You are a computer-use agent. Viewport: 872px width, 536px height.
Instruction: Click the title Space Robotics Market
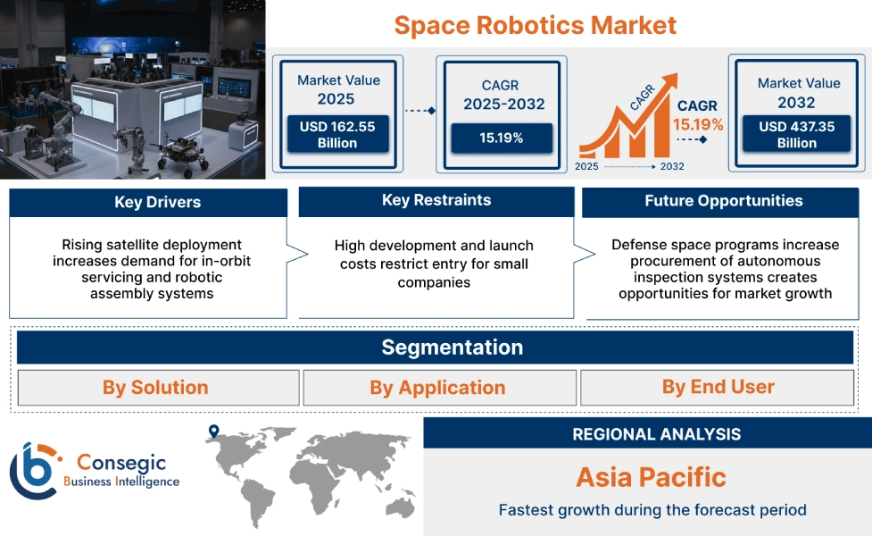click(535, 24)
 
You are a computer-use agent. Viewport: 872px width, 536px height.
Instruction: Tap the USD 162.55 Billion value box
click(337, 135)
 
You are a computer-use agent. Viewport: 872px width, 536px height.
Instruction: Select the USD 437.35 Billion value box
click(797, 135)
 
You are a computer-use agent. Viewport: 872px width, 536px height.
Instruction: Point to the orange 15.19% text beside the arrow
click(698, 124)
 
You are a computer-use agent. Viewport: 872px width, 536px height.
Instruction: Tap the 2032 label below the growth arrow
click(671, 166)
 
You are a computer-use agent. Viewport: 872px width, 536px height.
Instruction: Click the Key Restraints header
click(436, 200)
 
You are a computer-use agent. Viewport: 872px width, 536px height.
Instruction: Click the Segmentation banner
click(453, 347)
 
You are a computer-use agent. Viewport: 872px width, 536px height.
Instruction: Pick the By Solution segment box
click(155, 388)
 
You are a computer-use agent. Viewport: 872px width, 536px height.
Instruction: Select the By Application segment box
click(437, 388)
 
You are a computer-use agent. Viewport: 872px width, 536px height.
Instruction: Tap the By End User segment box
click(718, 387)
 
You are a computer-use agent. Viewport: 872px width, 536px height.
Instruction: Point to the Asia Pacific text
click(651, 476)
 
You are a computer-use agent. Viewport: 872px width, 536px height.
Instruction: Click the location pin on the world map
click(213, 432)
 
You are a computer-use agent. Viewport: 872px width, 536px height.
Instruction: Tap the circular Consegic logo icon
click(33, 471)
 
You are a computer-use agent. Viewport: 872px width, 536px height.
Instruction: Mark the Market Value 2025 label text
click(338, 89)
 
